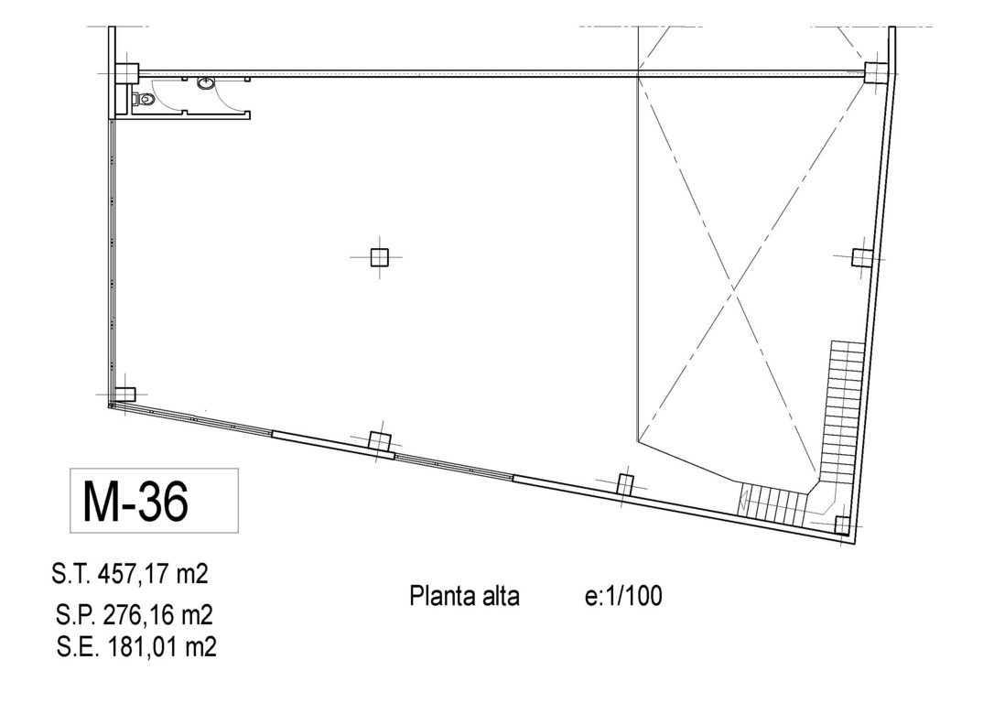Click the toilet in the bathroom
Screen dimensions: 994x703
point(144,99)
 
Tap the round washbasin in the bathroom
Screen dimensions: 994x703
point(205,83)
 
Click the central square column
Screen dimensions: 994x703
point(379,257)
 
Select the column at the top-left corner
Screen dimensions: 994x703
point(127,73)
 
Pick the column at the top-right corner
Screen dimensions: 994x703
point(874,73)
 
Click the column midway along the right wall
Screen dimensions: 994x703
point(862,257)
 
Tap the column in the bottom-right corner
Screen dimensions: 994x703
point(842,525)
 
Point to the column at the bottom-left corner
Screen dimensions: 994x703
point(124,395)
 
